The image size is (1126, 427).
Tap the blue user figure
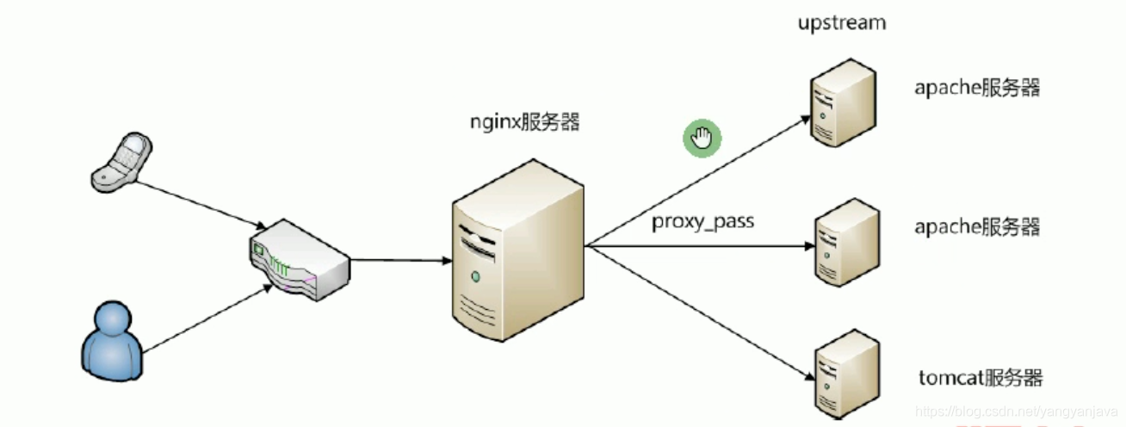(x=111, y=340)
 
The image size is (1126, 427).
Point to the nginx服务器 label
(x=523, y=121)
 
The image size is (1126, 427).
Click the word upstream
(x=841, y=23)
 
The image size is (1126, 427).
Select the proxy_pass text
(x=702, y=221)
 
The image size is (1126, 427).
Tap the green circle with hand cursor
(x=702, y=138)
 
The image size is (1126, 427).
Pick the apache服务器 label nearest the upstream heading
(x=977, y=88)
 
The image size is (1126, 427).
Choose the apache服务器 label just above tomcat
(x=977, y=227)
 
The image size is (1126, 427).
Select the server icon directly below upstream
(x=842, y=100)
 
